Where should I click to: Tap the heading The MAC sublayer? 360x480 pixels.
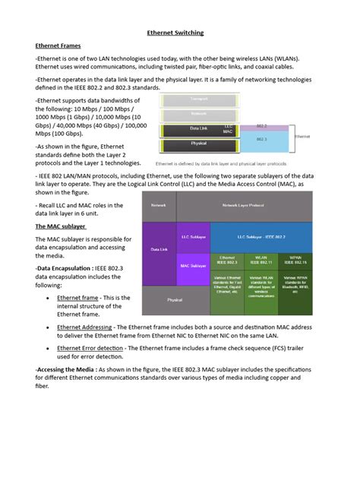[61, 226]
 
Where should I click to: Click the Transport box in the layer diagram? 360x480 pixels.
[199, 99]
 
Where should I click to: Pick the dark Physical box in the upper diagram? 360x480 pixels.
[199, 142]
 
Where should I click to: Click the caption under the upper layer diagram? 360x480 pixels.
[220, 163]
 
